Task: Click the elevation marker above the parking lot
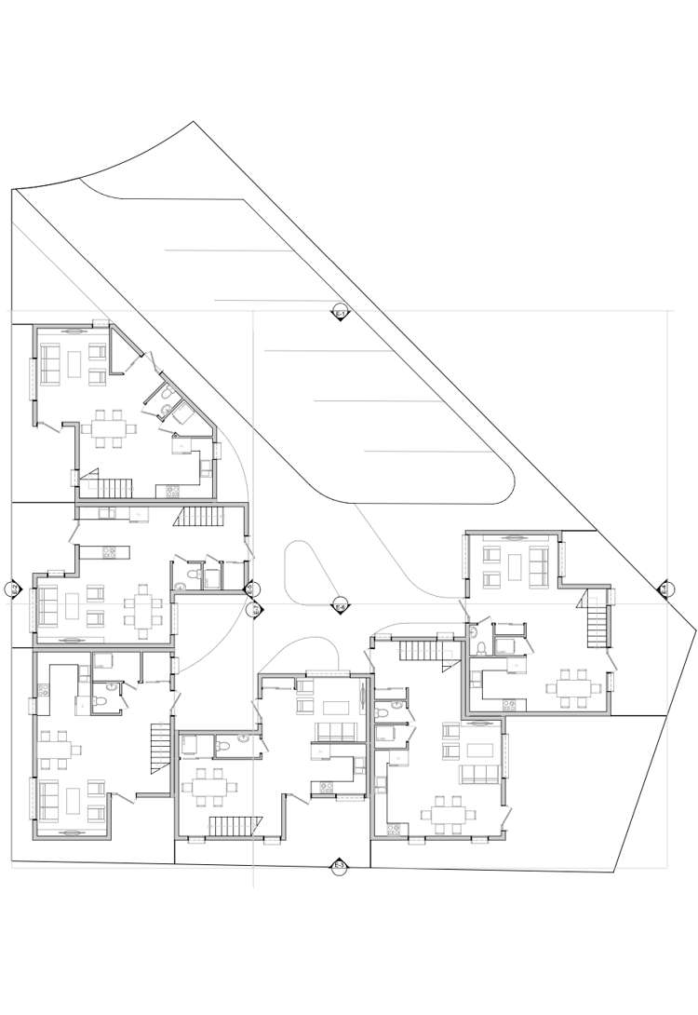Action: pyautogui.click(x=340, y=313)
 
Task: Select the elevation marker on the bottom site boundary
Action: pyautogui.click(x=340, y=867)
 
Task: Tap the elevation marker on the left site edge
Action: pyautogui.click(x=13, y=589)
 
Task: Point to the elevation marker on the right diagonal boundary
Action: pyautogui.click(x=665, y=589)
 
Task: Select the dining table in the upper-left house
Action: pyautogui.click(x=109, y=428)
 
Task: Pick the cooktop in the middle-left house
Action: pyautogui.click(x=108, y=552)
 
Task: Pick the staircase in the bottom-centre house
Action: pyautogui.click(x=236, y=826)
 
